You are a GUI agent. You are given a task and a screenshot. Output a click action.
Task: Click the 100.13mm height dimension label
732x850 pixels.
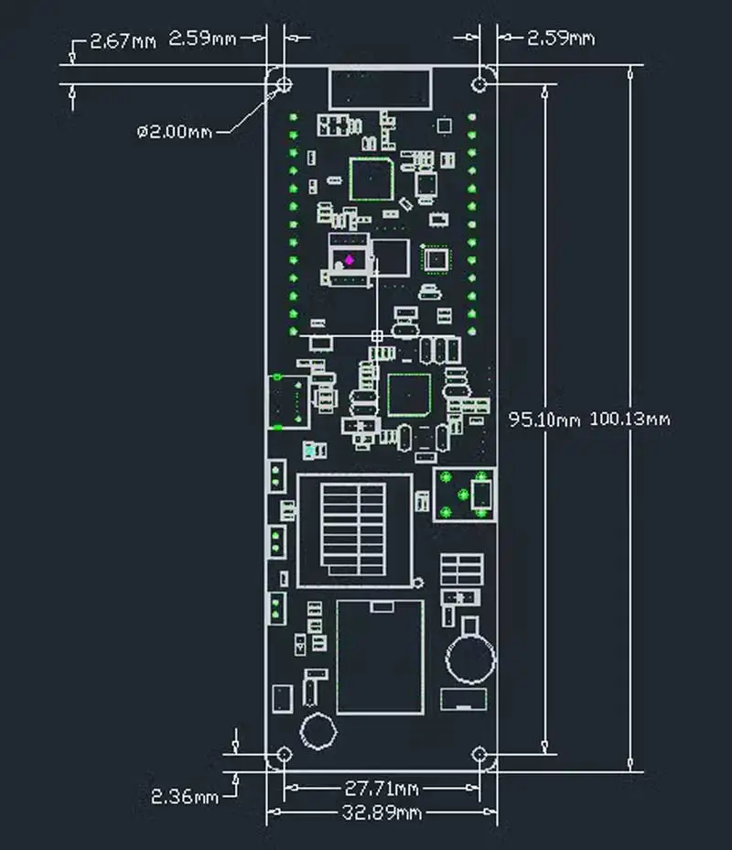[x=630, y=419]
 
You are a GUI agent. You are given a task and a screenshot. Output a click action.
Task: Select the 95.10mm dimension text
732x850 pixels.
[x=544, y=420]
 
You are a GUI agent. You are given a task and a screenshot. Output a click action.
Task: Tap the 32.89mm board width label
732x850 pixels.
[x=382, y=812]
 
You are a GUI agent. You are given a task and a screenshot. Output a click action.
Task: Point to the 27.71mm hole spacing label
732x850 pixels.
[x=382, y=789]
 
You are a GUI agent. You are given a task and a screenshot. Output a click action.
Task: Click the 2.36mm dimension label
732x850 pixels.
[x=185, y=796]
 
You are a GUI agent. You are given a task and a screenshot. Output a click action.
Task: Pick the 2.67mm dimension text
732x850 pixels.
[x=123, y=41]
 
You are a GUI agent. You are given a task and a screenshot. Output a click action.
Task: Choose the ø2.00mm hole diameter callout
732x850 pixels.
[x=175, y=132]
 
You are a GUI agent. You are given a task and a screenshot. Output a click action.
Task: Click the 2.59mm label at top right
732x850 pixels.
[x=561, y=38]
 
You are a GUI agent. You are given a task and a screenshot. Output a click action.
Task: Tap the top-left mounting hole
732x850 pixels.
[x=285, y=84]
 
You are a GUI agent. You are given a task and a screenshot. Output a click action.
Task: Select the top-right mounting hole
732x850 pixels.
[x=479, y=84]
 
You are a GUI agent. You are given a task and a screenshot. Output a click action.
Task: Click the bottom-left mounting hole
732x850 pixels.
[x=285, y=754]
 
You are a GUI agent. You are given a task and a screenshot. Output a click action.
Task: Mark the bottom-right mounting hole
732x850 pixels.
[x=479, y=754]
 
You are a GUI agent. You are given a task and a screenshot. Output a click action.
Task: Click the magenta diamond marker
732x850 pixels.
[x=350, y=260]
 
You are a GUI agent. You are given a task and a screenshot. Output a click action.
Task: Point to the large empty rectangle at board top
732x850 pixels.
[x=381, y=88]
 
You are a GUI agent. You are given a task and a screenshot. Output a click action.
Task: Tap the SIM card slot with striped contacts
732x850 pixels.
[x=354, y=530]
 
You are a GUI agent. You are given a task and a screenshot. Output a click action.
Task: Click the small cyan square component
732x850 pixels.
[x=309, y=450]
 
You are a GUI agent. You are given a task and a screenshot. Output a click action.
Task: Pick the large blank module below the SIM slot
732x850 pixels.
[x=380, y=657]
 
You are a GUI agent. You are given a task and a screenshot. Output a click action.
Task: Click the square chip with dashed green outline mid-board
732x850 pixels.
[x=410, y=395]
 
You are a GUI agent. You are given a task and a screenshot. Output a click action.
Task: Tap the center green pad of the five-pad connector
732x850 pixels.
[x=463, y=495]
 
